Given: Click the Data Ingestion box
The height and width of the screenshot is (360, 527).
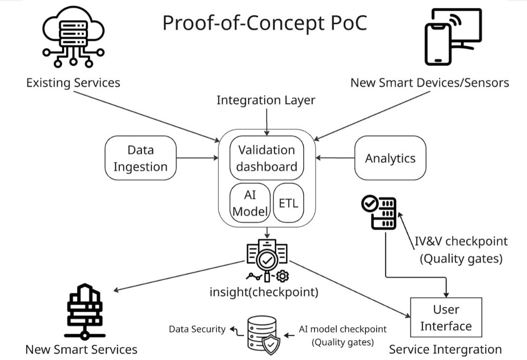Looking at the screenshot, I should [141, 158].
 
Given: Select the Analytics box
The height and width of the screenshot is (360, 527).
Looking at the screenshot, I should [390, 158].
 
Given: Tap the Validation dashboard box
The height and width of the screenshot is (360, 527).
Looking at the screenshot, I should [266, 158].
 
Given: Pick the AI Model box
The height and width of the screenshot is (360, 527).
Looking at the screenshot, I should [250, 203].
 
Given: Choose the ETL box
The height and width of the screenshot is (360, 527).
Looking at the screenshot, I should [288, 202].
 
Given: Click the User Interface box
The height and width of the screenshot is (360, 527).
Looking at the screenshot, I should [446, 318].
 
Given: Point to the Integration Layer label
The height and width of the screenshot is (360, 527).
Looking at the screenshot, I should [266, 100].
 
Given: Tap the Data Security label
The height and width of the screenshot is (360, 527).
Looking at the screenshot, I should [197, 329].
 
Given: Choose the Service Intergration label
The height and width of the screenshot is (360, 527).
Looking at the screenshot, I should [445, 350].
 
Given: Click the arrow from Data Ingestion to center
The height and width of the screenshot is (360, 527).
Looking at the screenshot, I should [197, 158].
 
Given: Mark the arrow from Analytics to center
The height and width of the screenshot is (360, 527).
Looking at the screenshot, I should [335, 158].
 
